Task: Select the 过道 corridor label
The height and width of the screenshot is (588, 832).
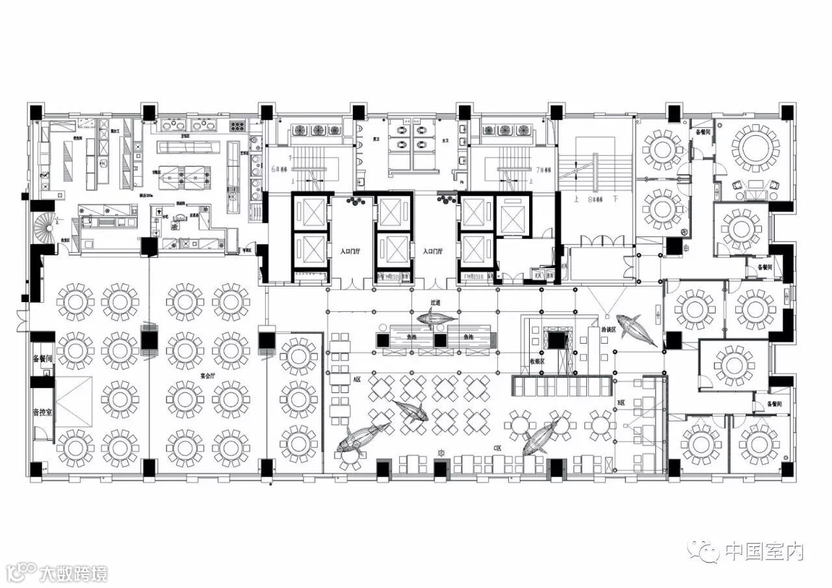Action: [x=435, y=303]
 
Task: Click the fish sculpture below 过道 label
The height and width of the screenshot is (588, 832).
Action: [x=435, y=318]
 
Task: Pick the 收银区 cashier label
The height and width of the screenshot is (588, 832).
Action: [x=537, y=361]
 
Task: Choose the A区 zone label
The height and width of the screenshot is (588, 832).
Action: [x=357, y=377]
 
